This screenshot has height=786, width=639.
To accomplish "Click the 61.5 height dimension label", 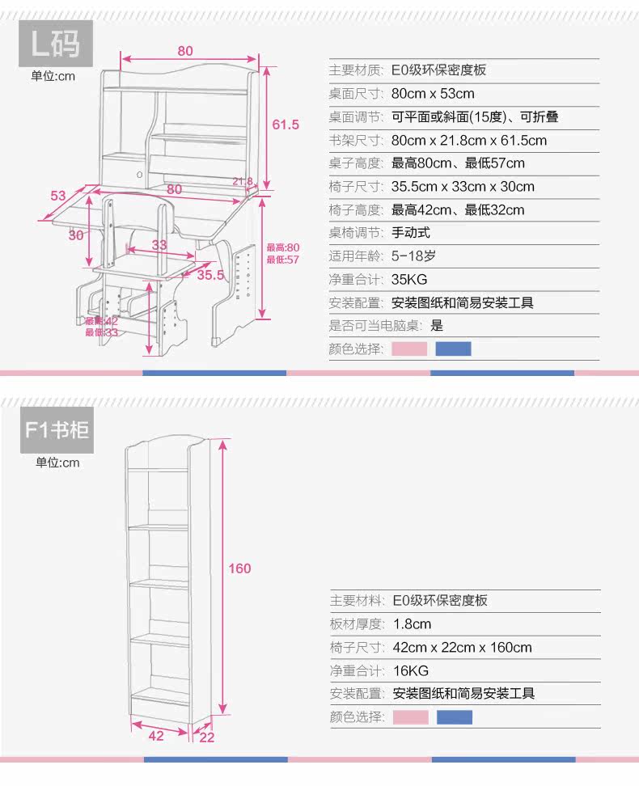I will click(x=286, y=125).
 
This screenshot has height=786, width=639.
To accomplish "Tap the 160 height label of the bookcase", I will click(x=239, y=568).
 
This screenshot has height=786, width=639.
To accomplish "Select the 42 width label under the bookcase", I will click(x=156, y=736).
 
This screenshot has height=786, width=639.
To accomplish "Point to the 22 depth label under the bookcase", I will click(x=206, y=737).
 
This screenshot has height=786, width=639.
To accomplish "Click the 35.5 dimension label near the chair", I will click(x=210, y=275).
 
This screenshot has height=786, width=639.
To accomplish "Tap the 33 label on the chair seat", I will click(x=159, y=244).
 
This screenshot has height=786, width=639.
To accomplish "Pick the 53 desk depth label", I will click(x=57, y=196).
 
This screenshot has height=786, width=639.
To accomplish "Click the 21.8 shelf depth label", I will click(x=243, y=181).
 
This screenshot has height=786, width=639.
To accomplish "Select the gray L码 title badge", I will click(x=56, y=43).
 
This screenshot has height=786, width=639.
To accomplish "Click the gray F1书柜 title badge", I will click(x=56, y=430).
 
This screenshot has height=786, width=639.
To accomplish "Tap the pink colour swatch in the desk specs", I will click(x=409, y=349).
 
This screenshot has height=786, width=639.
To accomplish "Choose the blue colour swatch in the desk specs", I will click(x=453, y=349).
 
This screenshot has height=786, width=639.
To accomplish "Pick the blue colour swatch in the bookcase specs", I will click(x=455, y=717).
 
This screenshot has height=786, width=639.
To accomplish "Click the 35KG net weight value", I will click(x=409, y=280).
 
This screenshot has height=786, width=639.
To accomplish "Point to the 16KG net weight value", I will click(x=411, y=670).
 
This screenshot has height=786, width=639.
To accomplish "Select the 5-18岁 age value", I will click(x=413, y=256).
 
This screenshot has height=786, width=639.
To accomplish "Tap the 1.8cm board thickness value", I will click(x=413, y=623).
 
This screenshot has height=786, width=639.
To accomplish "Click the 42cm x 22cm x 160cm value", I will click(x=463, y=647).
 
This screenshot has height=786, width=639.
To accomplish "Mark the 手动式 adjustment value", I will click(x=411, y=233).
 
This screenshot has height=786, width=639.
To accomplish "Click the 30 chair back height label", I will click(x=76, y=235).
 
